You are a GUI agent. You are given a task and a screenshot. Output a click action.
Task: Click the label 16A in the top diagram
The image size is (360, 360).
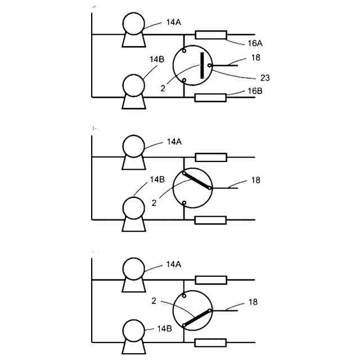pyautogui.click(x=255, y=43)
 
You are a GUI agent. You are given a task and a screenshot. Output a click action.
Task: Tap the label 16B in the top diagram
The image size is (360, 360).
pyautogui.click(x=254, y=91)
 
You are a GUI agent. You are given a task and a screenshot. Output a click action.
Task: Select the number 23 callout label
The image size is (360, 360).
pyautogui.click(x=265, y=78)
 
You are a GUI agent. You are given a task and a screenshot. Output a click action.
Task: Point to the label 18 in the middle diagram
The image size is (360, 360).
pyautogui.click(x=256, y=180)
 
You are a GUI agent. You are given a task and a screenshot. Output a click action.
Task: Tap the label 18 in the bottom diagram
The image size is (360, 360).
pyautogui.click(x=253, y=302)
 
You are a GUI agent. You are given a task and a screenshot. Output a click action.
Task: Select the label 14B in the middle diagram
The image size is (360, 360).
pyautogui.click(x=157, y=179)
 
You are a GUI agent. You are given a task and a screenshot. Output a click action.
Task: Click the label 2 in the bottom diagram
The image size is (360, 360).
pyautogui.click(x=154, y=301)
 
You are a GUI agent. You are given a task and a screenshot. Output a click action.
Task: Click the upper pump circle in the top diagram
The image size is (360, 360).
pyautogui.click(x=134, y=24)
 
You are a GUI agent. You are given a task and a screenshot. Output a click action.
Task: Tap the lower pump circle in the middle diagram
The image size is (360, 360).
pyautogui.click(x=134, y=207)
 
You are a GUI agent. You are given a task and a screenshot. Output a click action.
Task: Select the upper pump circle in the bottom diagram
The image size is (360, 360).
pyautogui.click(x=134, y=268)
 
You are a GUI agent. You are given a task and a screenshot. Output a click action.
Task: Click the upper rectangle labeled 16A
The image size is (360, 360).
pyautogui.click(x=210, y=35)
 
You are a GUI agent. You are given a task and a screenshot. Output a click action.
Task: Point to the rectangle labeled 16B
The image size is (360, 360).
pyautogui.click(x=210, y=97)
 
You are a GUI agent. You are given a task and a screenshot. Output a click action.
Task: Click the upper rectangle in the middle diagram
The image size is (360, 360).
pyautogui.click(x=210, y=157)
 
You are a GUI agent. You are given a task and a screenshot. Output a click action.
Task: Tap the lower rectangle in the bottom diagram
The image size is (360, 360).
pyautogui.click(x=210, y=343)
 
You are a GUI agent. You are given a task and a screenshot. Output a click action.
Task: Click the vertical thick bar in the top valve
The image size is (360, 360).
pyautogui.click(x=201, y=65)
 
